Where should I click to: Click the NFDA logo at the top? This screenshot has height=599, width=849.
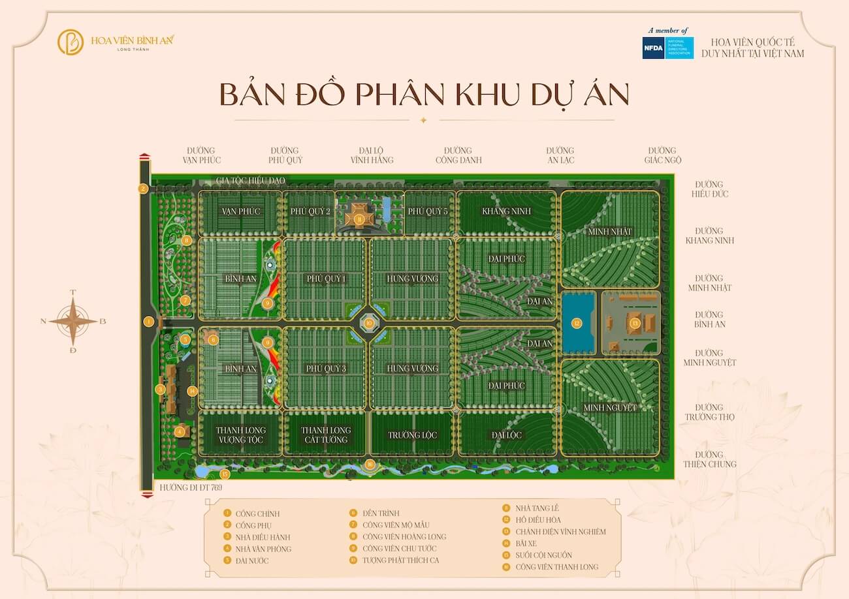(x=667, y=48)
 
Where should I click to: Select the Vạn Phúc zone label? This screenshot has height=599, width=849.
(x=241, y=211)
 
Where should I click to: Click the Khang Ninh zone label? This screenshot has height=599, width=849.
(x=506, y=211)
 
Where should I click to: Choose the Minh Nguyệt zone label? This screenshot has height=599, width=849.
(x=610, y=408)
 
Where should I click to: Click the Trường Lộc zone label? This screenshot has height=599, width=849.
(x=412, y=435)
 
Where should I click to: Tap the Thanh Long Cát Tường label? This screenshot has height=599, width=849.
(x=326, y=435)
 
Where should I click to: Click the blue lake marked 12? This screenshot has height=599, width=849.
(x=577, y=323)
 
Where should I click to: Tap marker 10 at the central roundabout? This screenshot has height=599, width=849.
(x=369, y=322)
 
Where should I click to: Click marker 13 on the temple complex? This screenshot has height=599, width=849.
(x=635, y=323)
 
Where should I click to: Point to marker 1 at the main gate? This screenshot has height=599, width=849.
(x=150, y=321)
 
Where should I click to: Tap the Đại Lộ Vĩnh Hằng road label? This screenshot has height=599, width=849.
(x=372, y=155)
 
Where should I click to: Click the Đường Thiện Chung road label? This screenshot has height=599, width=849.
(x=709, y=459)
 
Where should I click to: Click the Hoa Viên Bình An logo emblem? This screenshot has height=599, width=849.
(x=71, y=42)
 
